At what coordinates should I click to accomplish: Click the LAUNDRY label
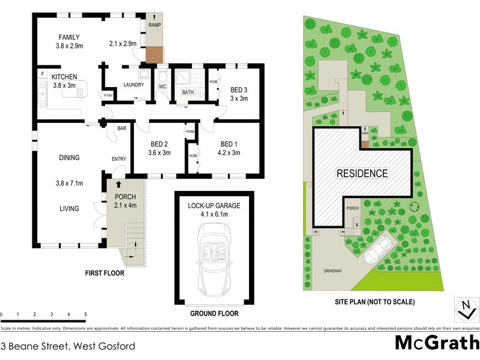[x=133, y=85]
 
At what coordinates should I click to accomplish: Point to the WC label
[x=162, y=86]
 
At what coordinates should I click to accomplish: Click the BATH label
[x=188, y=92]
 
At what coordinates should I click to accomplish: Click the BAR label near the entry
[x=121, y=128]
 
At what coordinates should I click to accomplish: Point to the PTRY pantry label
[x=108, y=95]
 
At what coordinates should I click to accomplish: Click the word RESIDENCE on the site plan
[x=361, y=173]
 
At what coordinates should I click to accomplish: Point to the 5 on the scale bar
[x=86, y=314]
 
